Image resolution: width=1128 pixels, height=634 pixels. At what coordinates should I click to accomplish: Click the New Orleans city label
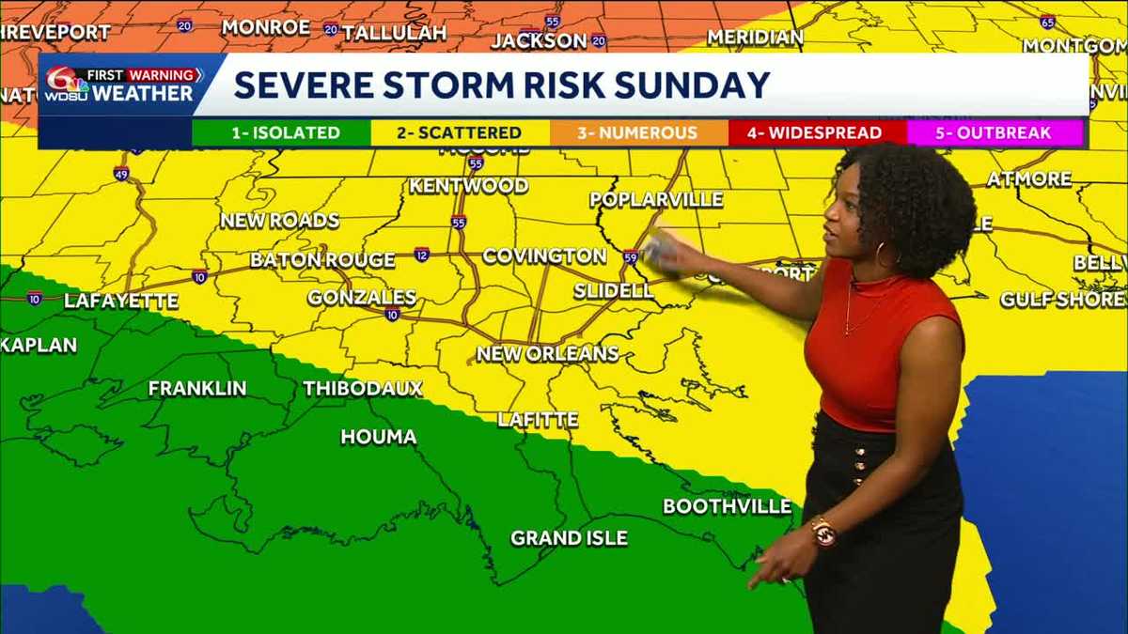click(548, 354)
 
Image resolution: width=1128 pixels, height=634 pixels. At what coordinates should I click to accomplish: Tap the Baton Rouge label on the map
click(322, 260)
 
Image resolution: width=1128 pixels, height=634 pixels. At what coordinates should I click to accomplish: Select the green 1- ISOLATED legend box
click(281, 132)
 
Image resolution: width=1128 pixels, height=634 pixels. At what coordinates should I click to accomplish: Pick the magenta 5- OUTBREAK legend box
click(993, 132)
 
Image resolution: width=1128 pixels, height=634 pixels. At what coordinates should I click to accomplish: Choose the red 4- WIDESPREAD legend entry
click(814, 132)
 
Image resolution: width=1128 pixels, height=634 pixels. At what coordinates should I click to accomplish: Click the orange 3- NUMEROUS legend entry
click(637, 132)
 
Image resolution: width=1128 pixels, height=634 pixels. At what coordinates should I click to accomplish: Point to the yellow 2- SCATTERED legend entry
click(459, 132)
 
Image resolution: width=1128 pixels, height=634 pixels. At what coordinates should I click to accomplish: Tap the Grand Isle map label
click(569, 538)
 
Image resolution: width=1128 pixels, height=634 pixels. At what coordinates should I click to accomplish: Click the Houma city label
click(378, 437)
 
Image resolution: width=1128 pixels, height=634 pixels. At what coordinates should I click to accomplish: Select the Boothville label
click(727, 506)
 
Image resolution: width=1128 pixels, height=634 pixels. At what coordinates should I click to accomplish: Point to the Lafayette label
click(121, 302)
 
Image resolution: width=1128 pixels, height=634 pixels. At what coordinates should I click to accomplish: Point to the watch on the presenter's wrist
click(823, 532)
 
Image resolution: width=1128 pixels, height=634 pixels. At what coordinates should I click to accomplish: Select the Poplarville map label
click(656, 199)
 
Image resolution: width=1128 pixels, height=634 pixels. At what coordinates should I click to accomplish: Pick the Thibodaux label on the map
click(363, 388)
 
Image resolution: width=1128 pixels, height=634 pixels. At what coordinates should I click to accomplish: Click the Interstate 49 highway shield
click(121, 174)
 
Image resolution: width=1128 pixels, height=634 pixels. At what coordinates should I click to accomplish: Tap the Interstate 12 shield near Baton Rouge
click(421, 255)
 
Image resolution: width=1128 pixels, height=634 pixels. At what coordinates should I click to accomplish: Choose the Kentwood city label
click(468, 186)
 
